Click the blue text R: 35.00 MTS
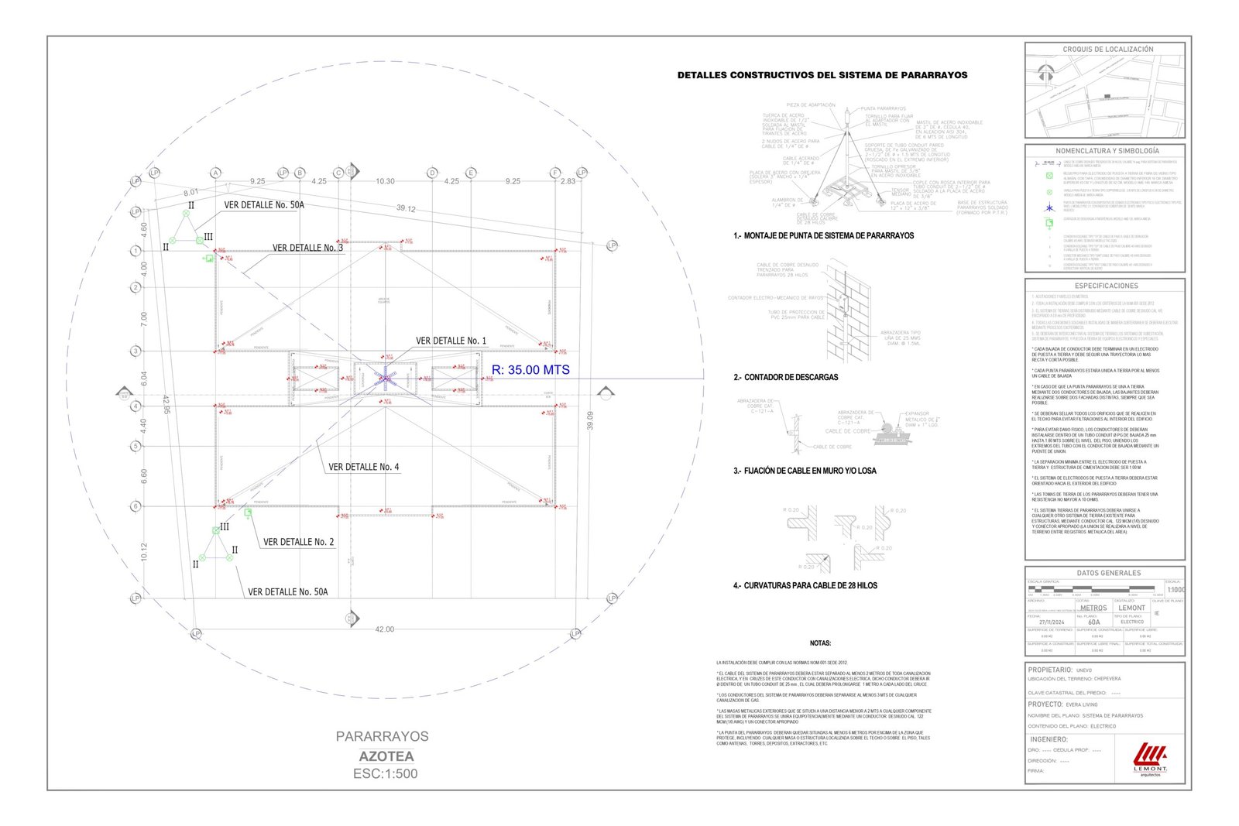(530, 370)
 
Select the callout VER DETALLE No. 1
(451, 341)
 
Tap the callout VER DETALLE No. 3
(307, 248)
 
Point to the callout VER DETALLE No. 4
(364, 467)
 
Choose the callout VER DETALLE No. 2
(299, 542)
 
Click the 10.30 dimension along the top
(385, 181)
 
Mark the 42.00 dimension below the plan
(384, 629)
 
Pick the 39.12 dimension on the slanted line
(406, 208)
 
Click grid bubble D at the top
(433, 173)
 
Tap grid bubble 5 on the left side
(136, 446)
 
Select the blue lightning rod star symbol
(385, 378)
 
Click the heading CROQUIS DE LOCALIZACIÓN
(1107, 50)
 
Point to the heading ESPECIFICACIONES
(1107, 286)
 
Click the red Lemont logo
(1150, 756)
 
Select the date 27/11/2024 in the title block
(1052, 622)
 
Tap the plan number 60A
(1093, 622)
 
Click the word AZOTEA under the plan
(386, 756)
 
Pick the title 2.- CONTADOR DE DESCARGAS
(785, 377)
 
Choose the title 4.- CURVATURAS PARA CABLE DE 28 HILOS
(805, 585)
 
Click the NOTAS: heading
(820, 643)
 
